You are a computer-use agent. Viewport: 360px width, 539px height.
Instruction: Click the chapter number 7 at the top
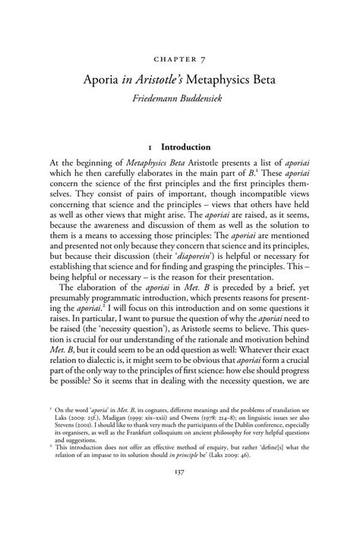pyautogui.click(x=204, y=59)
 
